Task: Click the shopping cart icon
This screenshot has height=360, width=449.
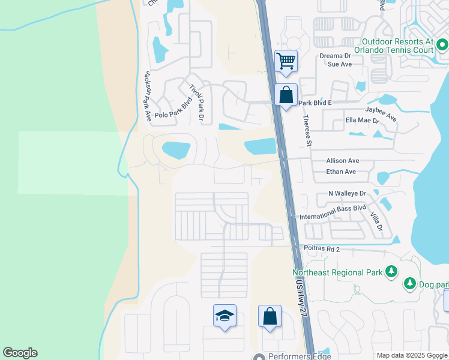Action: pyautogui.click(x=286, y=61)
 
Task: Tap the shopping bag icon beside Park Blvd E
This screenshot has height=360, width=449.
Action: pyautogui.click(x=286, y=94)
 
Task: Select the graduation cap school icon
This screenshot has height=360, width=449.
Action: pyautogui.click(x=224, y=316)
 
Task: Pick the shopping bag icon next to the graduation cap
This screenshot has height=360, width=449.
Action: pyautogui.click(x=270, y=316)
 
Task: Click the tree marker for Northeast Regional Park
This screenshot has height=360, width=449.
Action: pyautogui.click(x=391, y=272)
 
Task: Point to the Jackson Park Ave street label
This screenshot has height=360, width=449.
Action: pyautogui.click(x=146, y=97)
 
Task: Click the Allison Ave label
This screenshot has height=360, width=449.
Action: pyautogui.click(x=342, y=161)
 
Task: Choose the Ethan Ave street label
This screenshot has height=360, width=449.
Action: pyautogui.click(x=341, y=172)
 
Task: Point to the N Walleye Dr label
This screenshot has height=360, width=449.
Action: pyautogui.click(x=347, y=193)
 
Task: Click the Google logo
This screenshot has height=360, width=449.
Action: pyautogui.click(x=20, y=353)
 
